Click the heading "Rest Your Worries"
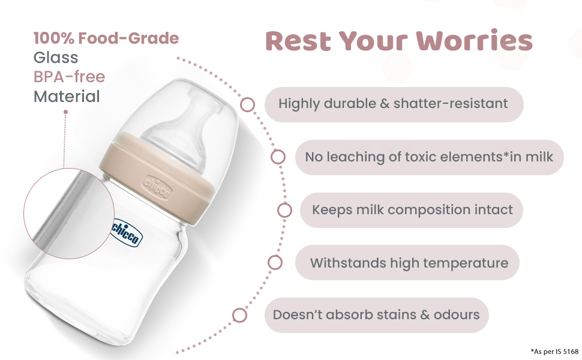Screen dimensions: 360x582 coord(399,41)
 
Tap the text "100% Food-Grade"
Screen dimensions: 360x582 coord(106,38)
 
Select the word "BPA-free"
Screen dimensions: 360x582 coord(69,77)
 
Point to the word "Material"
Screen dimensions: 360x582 coord(67,96)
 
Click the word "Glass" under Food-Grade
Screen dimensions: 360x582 coord(56,58)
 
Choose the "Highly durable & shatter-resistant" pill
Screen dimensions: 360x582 coord(394,104)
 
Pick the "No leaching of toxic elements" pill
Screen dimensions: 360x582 coord(429,157)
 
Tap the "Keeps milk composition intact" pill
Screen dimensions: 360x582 coord(412,210)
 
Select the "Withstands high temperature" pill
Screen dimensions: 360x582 coord(408,262)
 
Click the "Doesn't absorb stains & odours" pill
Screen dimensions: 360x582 coord(376,315)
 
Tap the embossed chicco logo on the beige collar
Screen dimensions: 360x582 coord(157,185)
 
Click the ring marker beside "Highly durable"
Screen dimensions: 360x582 coord(247,104)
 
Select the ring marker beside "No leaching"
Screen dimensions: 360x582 coord(278,157)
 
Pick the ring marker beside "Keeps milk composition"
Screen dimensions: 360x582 coord(284,210)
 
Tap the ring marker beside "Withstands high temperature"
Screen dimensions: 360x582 coord(275,262)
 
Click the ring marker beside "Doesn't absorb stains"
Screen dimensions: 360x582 coord(239,315)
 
